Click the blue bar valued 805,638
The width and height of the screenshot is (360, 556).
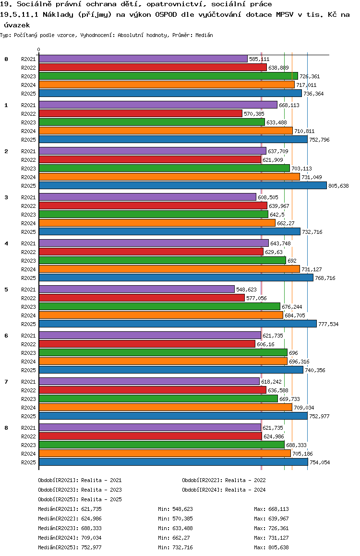tap(182, 185)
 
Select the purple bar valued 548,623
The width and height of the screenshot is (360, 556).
tap(136, 289)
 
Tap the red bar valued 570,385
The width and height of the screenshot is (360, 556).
tap(140, 113)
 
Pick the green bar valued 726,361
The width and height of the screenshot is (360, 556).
tap(168, 76)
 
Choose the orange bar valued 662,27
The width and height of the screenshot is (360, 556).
tap(157, 223)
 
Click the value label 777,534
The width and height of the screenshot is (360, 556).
tap(328, 324)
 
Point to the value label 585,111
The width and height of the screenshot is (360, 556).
tap(259, 59)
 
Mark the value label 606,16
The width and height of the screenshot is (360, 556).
tap(265, 344)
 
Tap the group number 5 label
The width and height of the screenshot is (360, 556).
tap(6, 290)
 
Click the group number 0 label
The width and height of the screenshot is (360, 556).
tap(6, 59)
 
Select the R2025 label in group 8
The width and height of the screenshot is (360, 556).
tap(29, 462)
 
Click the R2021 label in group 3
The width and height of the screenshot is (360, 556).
tap(29, 197)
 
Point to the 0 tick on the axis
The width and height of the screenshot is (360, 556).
tap(39, 49)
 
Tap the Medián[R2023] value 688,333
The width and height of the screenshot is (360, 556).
tap(91, 528)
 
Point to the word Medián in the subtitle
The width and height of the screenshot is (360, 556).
tap(204, 35)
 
